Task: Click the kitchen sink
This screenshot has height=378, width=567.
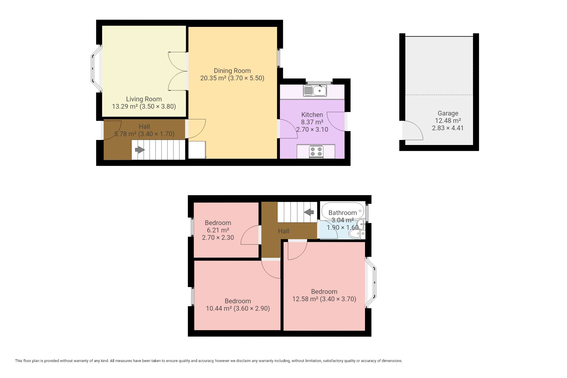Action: click(315, 90)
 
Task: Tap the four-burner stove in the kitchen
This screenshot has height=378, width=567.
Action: click(316, 152)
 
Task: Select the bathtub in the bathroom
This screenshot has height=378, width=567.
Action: click(343, 211)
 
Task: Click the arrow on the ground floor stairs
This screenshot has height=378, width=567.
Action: click(140, 150)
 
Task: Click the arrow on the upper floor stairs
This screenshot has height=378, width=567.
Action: click(309, 212)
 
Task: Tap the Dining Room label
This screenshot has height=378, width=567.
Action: click(232, 71)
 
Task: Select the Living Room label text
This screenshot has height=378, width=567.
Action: click(144, 99)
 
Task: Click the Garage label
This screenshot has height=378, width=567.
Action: click(448, 113)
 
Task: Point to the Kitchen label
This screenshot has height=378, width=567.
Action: click(312, 115)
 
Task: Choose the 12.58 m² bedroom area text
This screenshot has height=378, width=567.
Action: click(305, 299)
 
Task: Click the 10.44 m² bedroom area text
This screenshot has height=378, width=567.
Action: click(219, 309)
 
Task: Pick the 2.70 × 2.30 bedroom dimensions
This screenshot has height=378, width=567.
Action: click(218, 238)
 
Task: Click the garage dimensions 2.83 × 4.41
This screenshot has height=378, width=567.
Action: click(448, 128)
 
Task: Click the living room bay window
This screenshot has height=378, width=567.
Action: click(96, 69)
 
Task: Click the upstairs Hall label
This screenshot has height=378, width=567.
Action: click(283, 231)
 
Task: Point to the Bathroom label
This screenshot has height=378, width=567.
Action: click(343, 213)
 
